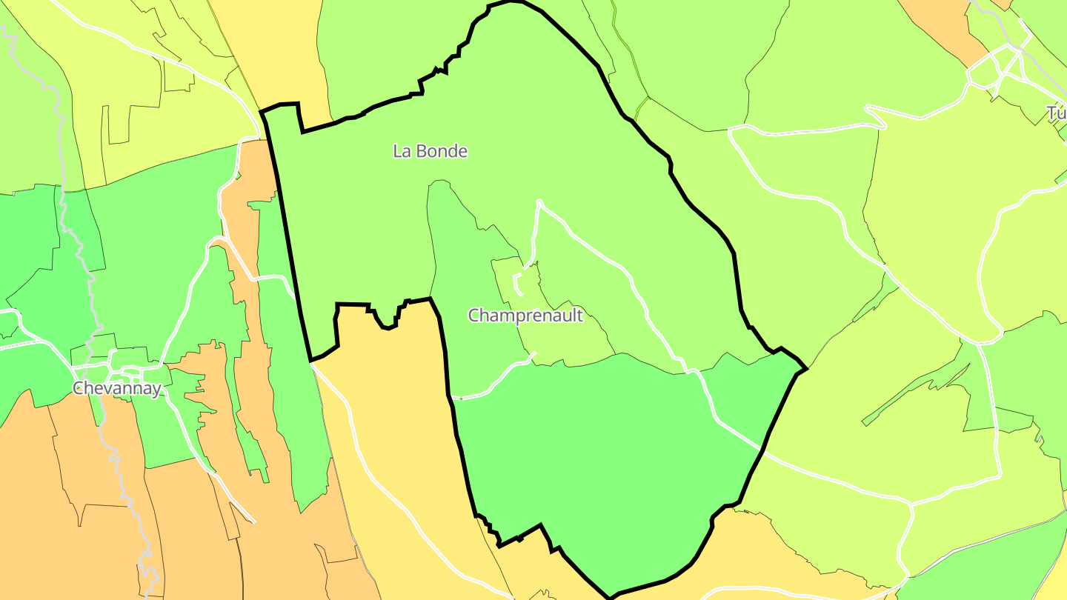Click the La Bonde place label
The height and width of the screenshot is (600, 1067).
click(x=430, y=151)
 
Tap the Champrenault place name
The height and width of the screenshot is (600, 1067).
click(x=525, y=316)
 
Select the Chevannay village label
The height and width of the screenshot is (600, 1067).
click(x=116, y=389)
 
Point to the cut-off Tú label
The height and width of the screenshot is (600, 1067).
click(x=1056, y=113)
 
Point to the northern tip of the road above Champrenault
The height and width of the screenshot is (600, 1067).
click(x=539, y=201)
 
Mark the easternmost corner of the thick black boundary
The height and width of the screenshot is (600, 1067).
click(x=805, y=368)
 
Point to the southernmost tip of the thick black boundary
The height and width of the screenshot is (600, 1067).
click(x=610, y=596)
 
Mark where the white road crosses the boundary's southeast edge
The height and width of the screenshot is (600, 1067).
click(x=762, y=449)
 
